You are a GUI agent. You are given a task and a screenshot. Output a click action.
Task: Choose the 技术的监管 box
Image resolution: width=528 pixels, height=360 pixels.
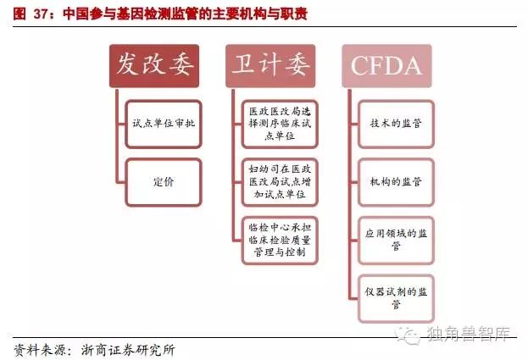point(395,123)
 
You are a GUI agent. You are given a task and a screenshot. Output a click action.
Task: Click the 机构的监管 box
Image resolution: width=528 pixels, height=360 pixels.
point(395,181)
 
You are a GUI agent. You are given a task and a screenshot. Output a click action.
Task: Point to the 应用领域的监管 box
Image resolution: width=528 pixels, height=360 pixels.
point(395,240)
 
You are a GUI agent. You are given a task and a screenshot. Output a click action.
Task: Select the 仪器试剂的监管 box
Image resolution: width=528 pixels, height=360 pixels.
point(395,298)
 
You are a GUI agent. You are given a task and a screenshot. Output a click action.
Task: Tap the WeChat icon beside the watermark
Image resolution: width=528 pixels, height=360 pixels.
point(409,333)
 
